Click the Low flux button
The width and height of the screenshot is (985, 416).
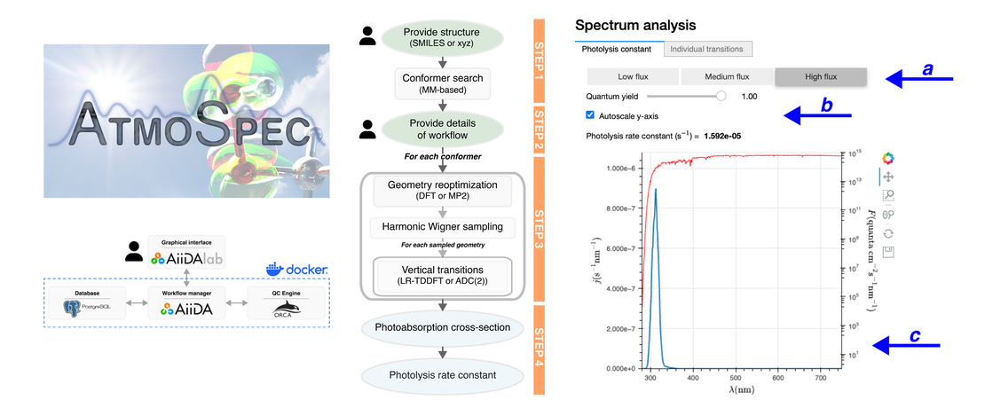[632, 76]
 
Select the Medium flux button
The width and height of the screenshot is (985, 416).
[726, 76]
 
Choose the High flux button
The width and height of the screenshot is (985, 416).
[820, 76]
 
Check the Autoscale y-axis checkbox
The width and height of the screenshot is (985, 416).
[591, 115]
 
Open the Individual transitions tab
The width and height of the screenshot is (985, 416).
[707, 49]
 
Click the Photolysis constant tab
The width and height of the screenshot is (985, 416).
[618, 49]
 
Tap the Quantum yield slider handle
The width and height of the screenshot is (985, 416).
[721, 96]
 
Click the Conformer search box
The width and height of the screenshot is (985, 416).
[442, 84]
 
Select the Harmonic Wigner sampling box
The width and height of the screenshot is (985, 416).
[442, 227]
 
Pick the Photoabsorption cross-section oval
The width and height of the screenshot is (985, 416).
[442, 328]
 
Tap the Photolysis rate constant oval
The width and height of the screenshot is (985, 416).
[442, 376]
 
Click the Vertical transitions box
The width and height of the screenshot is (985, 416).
[442, 273]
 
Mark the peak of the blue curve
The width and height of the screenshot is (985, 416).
[656, 189]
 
